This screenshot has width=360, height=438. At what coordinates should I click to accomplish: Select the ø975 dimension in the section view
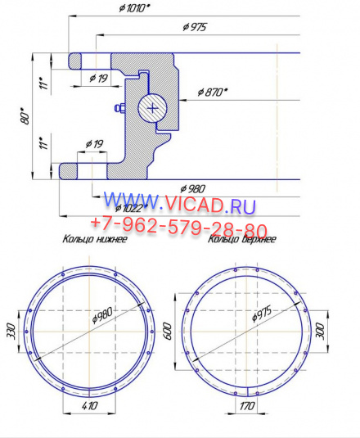point(195,28)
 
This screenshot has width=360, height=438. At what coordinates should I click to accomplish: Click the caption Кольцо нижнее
point(94,241)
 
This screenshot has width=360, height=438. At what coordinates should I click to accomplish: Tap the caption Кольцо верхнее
point(241,240)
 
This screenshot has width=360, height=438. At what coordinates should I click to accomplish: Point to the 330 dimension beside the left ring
point(11,330)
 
